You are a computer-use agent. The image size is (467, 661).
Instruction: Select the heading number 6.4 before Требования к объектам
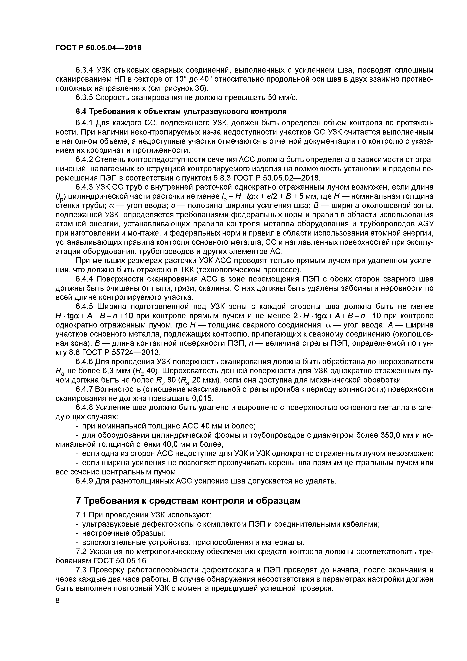(x=81, y=111)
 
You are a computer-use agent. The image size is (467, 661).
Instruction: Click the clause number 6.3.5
(x=84, y=98)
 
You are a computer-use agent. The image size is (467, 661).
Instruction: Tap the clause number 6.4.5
(x=84, y=307)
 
